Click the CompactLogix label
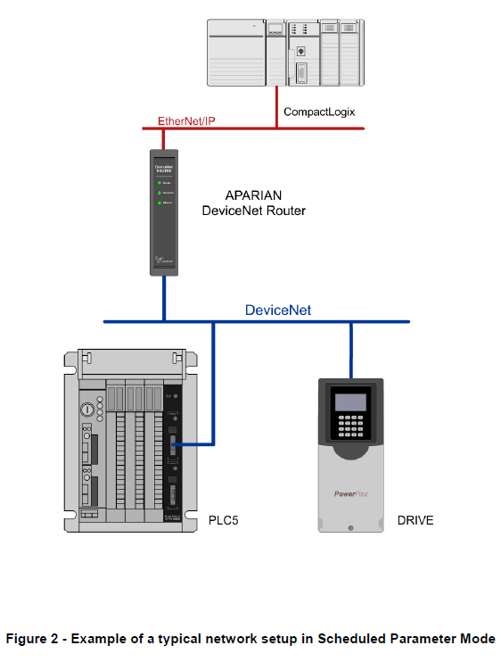click(x=320, y=112)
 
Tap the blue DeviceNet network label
click(x=278, y=310)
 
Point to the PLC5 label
click(x=225, y=519)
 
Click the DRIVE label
click(x=415, y=519)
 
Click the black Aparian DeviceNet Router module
click(x=164, y=212)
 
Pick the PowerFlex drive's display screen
click(x=350, y=401)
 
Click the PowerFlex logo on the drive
click(x=350, y=491)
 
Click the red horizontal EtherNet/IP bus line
click(x=223, y=128)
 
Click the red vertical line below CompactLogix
click(x=276, y=107)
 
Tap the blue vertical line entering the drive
click(x=350, y=350)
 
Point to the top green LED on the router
click(x=159, y=182)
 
